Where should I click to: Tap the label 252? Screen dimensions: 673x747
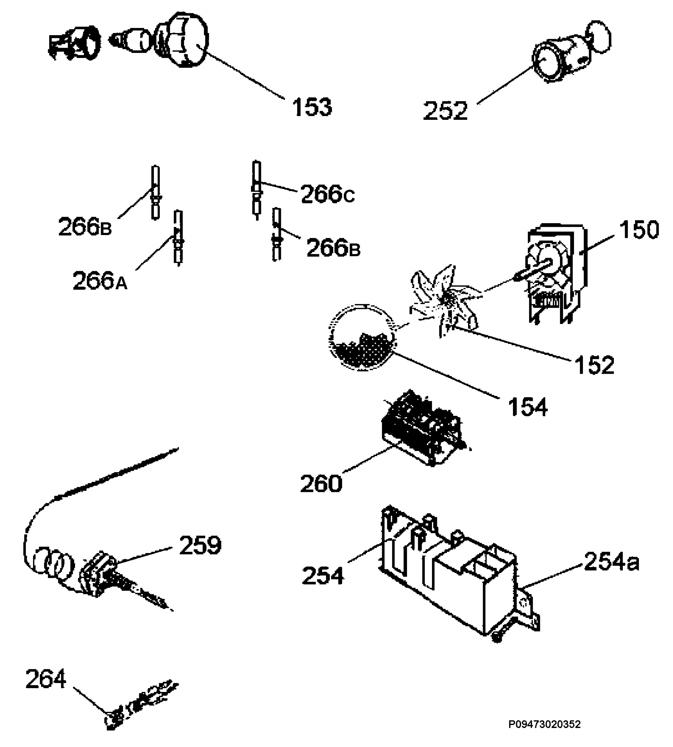[x=445, y=110]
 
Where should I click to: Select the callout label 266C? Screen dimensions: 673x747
[x=328, y=195]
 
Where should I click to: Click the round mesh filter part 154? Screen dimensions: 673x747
[x=363, y=337]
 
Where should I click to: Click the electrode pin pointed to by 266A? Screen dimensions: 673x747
[x=178, y=238]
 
